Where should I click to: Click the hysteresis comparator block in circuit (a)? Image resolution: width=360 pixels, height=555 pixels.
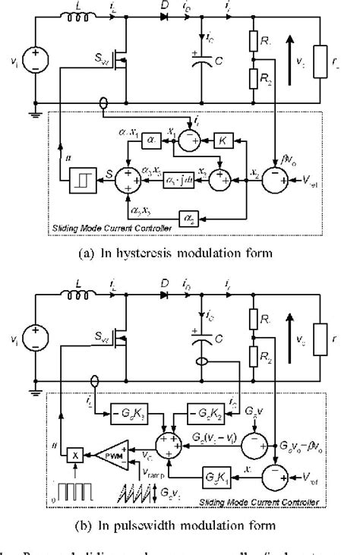79,182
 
